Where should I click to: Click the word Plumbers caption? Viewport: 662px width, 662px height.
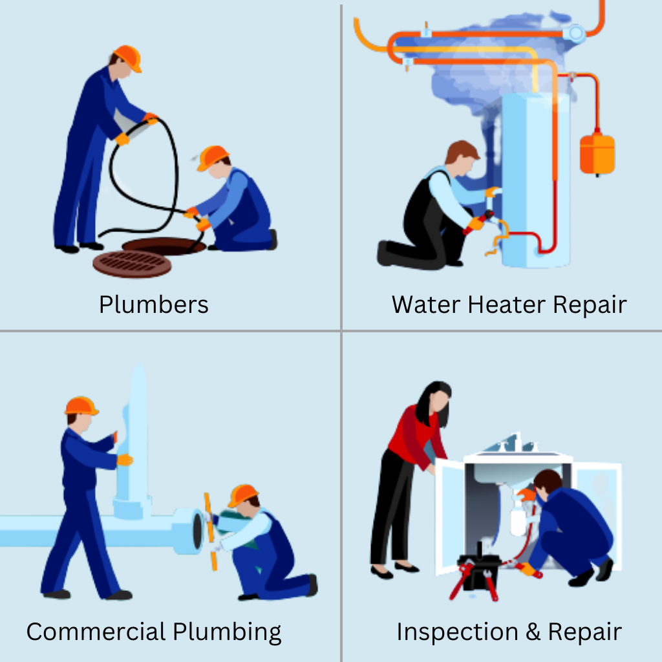[x=154, y=304]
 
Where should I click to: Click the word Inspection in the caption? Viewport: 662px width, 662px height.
[x=457, y=632]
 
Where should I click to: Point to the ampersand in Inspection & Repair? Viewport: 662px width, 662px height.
[x=533, y=632]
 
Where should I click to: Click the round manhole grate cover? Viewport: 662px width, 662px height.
[x=132, y=264]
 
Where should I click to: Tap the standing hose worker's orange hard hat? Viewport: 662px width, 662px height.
[x=128, y=58]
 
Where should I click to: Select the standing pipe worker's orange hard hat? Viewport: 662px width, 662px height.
[x=81, y=406]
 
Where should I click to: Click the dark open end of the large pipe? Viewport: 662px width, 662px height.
[x=198, y=531]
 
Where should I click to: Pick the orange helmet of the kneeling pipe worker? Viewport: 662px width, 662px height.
[x=243, y=495]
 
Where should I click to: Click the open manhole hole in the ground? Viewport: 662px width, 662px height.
[x=164, y=245]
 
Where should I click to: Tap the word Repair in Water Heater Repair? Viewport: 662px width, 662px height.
[x=590, y=305]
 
